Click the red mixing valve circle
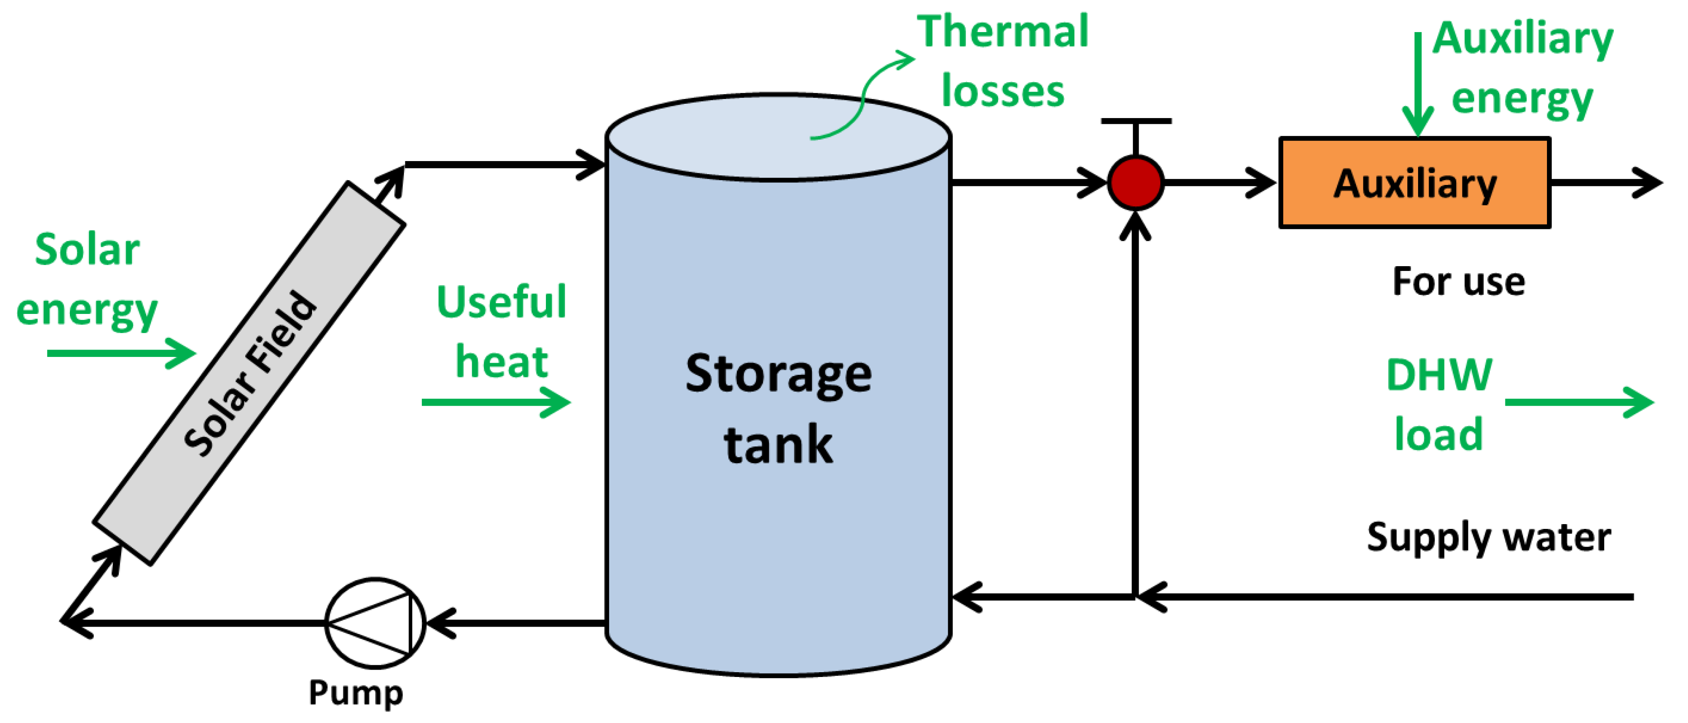[1136, 183]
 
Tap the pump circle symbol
[375, 623]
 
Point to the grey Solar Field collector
[249, 373]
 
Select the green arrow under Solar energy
[121, 353]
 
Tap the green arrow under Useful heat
[496, 402]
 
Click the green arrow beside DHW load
[1579, 402]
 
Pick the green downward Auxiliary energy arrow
[1417, 85]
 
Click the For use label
[1458, 282]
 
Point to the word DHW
[1439, 375]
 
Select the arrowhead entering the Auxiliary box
[1261, 183]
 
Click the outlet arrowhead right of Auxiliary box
[1648, 182]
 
